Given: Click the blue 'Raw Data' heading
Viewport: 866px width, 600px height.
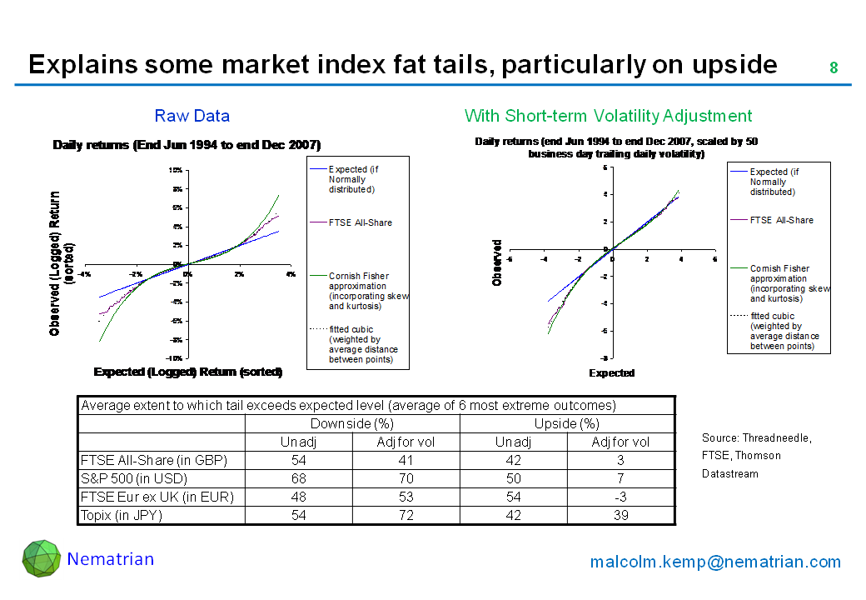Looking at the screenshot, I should (x=192, y=116).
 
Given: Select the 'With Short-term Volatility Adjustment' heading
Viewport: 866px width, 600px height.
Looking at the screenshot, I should (x=608, y=116).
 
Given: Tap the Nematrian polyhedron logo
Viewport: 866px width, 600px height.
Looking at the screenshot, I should (x=42, y=559).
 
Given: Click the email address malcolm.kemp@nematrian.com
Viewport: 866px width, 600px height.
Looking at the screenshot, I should (x=715, y=562).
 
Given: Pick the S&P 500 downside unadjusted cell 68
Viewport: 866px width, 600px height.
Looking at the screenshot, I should (x=298, y=478).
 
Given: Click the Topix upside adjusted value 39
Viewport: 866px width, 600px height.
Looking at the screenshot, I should (x=620, y=515).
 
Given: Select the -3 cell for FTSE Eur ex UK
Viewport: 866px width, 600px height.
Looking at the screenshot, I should (x=620, y=497).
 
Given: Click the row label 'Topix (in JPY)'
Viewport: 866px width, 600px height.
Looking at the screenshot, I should (x=122, y=515).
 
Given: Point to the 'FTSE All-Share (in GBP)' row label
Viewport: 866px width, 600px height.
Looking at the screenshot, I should (x=153, y=460).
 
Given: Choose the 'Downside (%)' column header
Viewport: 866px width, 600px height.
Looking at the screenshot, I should (x=352, y=423).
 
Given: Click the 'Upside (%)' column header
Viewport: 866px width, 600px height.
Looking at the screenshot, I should (x=567, y=423).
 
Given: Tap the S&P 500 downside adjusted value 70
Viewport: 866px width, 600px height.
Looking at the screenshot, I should (x=406, y=478).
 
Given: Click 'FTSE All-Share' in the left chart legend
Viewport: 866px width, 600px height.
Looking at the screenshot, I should (x=361, y=222).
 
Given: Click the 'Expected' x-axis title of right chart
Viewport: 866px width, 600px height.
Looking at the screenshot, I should (x=612, y=373).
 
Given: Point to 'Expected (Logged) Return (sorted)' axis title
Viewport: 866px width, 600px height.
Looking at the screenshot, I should (x=188, y=372).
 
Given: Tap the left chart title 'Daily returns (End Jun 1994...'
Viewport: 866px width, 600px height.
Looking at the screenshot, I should (x=187, y=144).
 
